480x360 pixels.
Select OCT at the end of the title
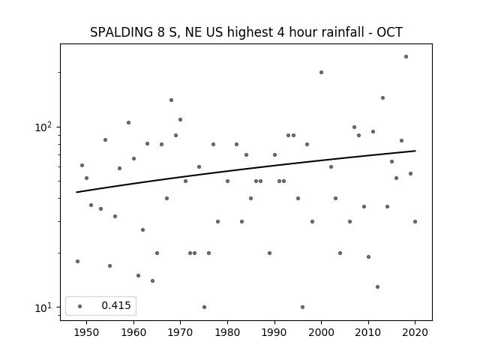point(389,32)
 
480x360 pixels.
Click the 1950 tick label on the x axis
point(87,332)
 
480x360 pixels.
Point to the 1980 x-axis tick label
point(227,332)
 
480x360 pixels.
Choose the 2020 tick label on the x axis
point(415,332)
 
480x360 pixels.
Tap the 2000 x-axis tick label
point(321,332)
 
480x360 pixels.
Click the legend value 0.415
point(116,305)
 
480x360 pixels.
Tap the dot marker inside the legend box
point(80,306)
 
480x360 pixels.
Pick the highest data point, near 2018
point(406,57)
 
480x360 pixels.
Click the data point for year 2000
point(321,73)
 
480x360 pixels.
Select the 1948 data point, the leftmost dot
point(77,262)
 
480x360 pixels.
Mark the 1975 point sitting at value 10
point(204,307)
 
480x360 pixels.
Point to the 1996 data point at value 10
point(302,307)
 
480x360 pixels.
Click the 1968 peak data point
point(172,100)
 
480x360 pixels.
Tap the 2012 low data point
point(377,286)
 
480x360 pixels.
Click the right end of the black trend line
point(415,151)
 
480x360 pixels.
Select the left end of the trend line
point(76,192)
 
